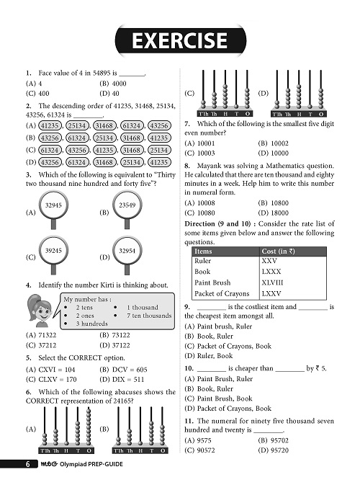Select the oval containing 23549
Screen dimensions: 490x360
pyautogui.click(x=127, y=206)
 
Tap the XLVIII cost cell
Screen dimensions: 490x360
pyautogui.click(x=271, y=282)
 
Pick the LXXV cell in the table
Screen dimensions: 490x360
pyautogui.click(x=271, y=293)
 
